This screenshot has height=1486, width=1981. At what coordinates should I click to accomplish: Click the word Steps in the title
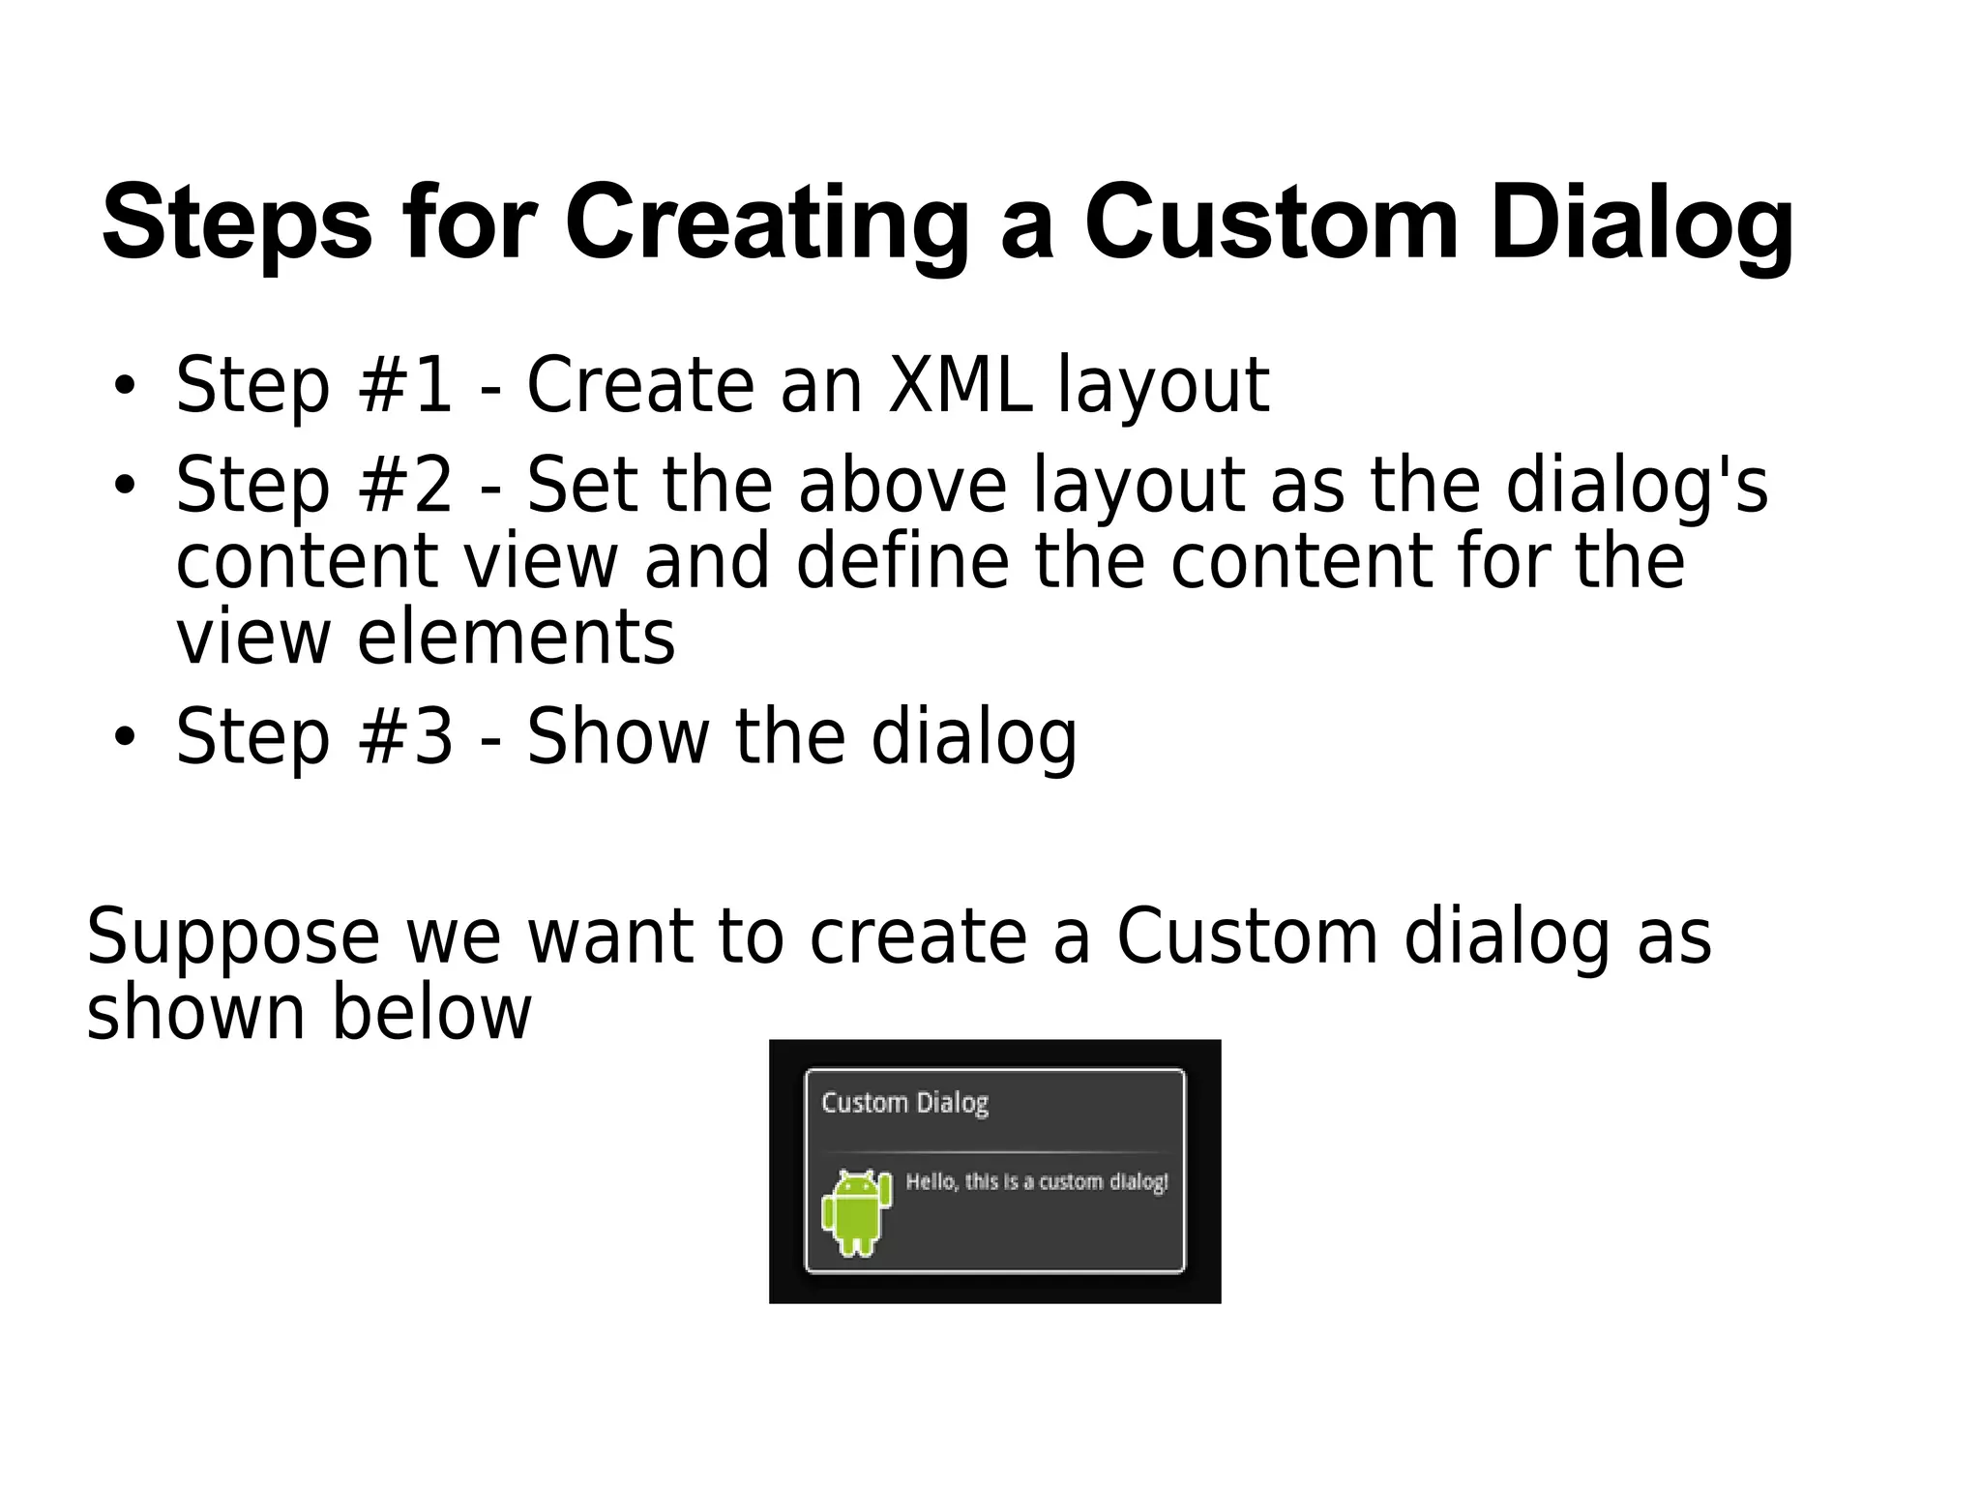coord(237,224)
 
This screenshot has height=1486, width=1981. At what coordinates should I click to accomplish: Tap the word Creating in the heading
coord(766,224)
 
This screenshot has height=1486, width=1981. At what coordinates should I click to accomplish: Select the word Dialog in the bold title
coord(1641,224)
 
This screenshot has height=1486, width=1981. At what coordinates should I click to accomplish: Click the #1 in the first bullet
coord(404,385)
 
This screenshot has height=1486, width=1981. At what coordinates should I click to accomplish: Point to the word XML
coord(959,385)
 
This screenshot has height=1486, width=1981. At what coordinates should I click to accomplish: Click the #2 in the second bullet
coord(404,486)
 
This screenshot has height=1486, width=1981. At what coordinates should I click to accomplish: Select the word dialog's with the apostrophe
coord(1637,486)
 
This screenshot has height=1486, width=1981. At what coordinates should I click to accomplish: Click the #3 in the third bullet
coord(404,737)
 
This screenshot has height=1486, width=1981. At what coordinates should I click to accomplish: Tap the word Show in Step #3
coord(617,737)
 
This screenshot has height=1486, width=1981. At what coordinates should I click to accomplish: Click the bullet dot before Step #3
coord(124,738)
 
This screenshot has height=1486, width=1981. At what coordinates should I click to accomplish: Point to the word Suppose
coord(232,936)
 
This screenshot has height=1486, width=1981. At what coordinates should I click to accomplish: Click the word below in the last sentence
coord(431,1013)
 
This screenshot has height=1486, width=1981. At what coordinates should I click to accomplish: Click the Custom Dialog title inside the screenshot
coord(904,1103)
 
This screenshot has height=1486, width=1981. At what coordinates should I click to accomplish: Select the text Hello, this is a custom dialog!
coord(1036,1181)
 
